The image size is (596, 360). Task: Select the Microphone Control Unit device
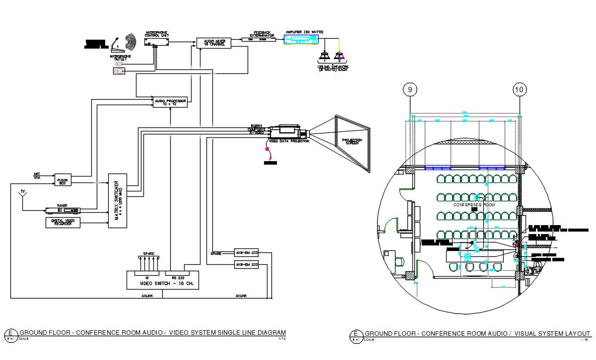click(x=156, y=43)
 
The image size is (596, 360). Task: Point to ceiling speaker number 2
click(x=340, y=56)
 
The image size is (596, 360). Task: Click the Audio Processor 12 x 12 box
click(x=170, y=102)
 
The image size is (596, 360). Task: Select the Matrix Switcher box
click(x=118, y=200)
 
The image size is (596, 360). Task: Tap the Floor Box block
click(x=63, y=181)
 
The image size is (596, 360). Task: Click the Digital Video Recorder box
click(x=63, y=223)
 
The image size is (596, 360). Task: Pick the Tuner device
click(x=62, y=210)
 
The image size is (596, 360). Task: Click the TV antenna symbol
click(x=22, y=193)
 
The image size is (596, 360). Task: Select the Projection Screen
click(x=352, y=141)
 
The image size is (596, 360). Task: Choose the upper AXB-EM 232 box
click(x=247, y=253)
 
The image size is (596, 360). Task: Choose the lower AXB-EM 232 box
click(x=247, y=265)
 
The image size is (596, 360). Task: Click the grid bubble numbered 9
click(x=410, y=90)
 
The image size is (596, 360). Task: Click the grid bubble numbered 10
click(x=519, y=90)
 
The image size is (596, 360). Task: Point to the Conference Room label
click(x=474, y=204)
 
